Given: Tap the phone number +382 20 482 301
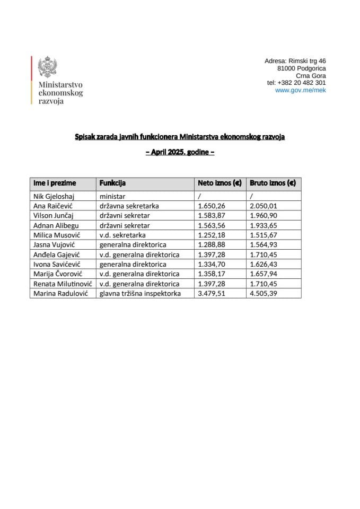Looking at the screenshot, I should tap(296, 83).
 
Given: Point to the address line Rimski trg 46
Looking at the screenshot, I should tap(295, 62).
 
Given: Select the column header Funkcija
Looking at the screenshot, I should tap(112, 183).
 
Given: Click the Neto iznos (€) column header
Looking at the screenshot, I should tap(219, 183).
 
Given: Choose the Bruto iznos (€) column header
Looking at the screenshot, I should tap(272, 183).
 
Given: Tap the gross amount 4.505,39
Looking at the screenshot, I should tap(264, 293).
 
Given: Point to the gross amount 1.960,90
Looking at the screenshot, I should tap(264, 216).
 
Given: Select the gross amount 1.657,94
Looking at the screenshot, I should tap(264, 274).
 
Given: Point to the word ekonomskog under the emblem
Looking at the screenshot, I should tap(60, 93).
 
